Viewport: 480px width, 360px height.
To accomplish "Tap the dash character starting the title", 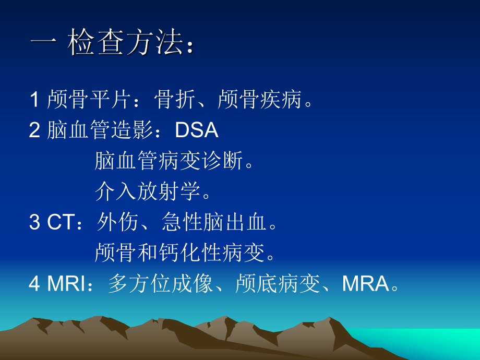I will pyautogui.click(x=43, y=45).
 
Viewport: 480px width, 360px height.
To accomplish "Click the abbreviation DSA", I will pyautogui.click(x=196, y=130).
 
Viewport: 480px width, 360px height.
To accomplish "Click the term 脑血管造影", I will pyautogui.click(x=100, y=130).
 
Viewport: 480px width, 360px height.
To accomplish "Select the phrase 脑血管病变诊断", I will pyautogui.click(x=169, y=161).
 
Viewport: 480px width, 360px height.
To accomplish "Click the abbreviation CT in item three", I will pyautogui.click(x=61, y=223).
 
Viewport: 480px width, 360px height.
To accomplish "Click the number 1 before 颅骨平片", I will pyautogui.click(x=35, y=99).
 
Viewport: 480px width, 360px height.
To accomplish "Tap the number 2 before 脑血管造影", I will pyautogui.click(x=35, y=130).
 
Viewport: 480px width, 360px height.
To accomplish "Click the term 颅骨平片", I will pyautogui.click(x=90, y=99).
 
